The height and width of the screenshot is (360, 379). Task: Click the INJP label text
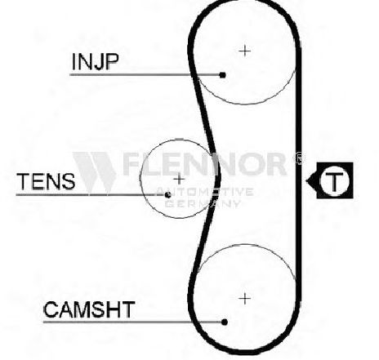coord(95,61)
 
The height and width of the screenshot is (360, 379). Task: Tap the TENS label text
coord(46,181)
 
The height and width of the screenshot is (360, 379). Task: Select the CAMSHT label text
coord(89,309)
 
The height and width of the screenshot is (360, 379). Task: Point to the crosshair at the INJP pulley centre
coord(245,51)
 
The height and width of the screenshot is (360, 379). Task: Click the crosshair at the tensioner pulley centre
coord(179,179)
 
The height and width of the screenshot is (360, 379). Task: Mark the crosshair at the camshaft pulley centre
coord(245,299)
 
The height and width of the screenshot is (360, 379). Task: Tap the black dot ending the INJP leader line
coord(223,75)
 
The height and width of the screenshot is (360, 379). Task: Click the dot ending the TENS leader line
coord(168,194)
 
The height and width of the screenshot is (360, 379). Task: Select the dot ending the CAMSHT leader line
coord(225,322)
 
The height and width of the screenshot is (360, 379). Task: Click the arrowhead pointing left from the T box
coord(311,180)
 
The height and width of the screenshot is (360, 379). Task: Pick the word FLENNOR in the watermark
coord(203,164)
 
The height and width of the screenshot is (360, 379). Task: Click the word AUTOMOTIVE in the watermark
coord(205,192)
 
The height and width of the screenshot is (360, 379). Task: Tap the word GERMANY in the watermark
coord(203,203)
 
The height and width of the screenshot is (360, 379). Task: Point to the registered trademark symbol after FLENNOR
coord(299,158)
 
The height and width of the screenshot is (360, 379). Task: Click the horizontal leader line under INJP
coord(145,74)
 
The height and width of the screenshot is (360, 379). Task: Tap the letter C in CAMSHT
coord(51,309)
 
